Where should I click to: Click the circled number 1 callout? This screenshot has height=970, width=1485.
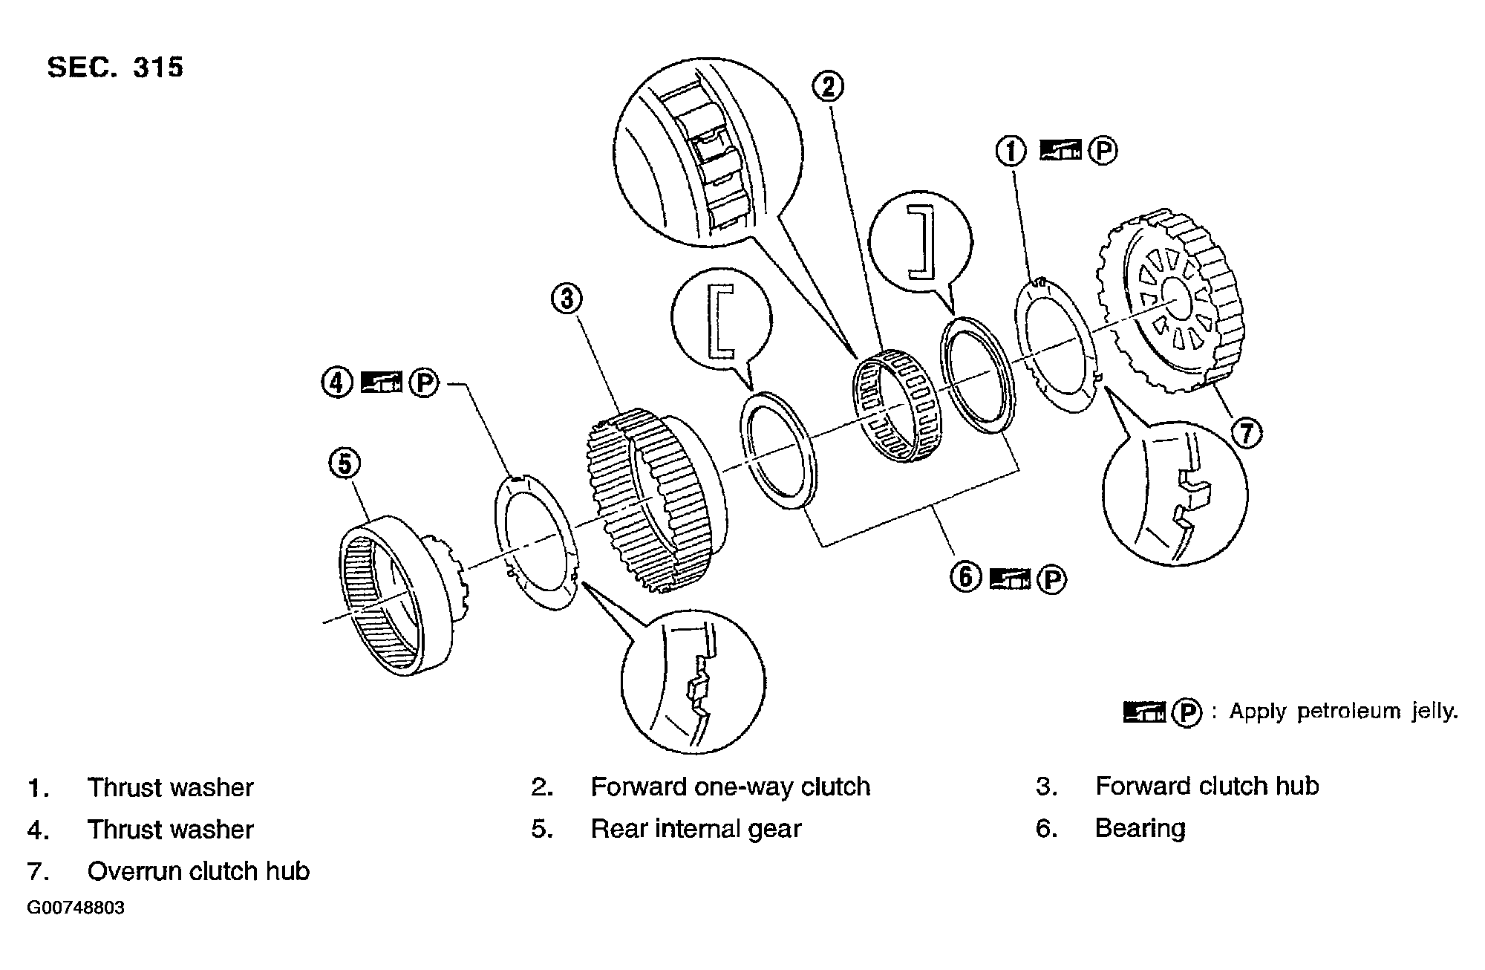coord(1011,152)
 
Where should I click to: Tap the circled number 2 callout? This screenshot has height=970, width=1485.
coord(827,87)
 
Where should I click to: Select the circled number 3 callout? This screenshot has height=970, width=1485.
coord(567,299)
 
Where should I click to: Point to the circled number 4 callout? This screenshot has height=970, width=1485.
coord(336,383)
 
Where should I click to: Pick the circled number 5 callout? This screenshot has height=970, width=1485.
coord(345,463)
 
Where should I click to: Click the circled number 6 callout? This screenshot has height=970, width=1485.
coord(965,576)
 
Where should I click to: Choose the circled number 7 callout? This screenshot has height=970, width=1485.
coord(1247,432)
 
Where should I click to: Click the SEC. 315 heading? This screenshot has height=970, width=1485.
coord(115,68)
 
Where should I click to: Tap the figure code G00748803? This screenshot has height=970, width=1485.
coord(76,908)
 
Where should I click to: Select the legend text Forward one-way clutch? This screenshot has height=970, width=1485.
coord(730,787)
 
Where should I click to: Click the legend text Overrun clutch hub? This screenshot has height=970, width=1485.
coord(198,871)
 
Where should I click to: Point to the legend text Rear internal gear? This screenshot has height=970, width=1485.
coord(696,829)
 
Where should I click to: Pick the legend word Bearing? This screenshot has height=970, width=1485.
coord(1140,828)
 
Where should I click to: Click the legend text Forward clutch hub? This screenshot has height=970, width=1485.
coord(1207,787)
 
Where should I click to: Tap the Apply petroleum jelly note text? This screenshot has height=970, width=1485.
coord(1343,712)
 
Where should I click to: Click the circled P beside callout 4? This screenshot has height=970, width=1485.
coord(424,383)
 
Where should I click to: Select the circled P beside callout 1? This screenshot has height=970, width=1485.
coord(1103,152)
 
